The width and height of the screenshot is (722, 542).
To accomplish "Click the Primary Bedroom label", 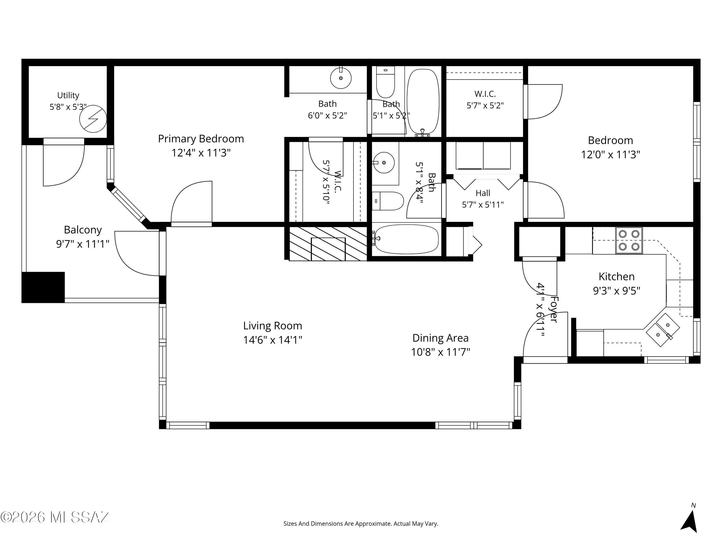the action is (x=201, y=139).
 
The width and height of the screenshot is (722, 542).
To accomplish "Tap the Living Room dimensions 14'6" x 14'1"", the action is (x=272, y=340).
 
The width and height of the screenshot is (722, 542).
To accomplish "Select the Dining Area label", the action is (x=440, y=338).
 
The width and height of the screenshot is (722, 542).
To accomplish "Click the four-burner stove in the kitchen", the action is (x=629, y=240).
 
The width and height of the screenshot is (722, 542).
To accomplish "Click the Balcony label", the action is (x=83, y=230).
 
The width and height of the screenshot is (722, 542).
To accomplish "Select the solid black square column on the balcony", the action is (x=43, y=287).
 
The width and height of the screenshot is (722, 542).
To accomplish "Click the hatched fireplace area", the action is (x=328, y=243).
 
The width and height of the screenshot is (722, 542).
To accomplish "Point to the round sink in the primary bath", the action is (x=341, y=78).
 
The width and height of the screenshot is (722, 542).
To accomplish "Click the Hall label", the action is (x=483, y=193).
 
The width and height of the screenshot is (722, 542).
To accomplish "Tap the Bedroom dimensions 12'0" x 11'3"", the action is (x=610, y=155).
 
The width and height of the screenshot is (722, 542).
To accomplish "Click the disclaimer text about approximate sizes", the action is (x=361, y=524).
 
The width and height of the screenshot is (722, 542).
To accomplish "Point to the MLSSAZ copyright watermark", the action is (x=55, y=517).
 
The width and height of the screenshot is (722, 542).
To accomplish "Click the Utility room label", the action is (x=68, y=95).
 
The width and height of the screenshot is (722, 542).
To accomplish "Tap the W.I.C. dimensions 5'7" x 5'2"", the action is (x=485, y=106).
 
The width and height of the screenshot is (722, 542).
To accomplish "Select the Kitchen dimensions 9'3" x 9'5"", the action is (x=617, y=291).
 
